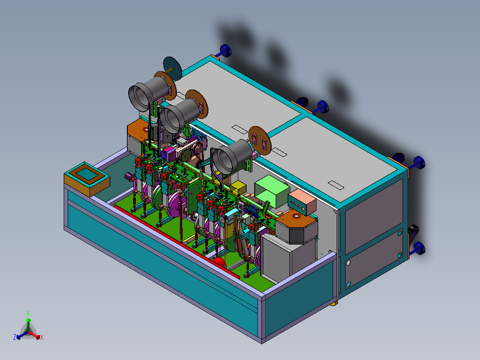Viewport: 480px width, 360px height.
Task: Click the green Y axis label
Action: pos(28,313)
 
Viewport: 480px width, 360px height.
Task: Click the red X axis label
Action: pos(42,338)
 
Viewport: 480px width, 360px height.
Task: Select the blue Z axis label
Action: pos(15,338)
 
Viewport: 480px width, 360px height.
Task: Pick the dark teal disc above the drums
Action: pos(171,67)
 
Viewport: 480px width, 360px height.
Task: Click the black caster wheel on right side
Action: pos(413,231)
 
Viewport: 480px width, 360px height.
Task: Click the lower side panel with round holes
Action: pos(373,263)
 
